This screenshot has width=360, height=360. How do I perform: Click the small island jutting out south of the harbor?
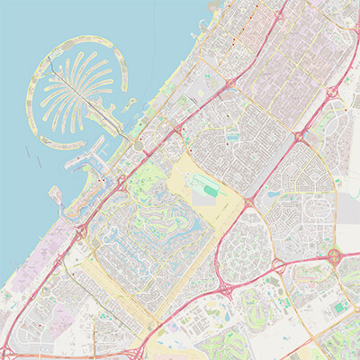(x=56, y=194)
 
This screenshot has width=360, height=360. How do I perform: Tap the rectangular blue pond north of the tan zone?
(x=233, y=138)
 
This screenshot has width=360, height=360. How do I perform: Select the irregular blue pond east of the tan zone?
(x=272, y=192)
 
